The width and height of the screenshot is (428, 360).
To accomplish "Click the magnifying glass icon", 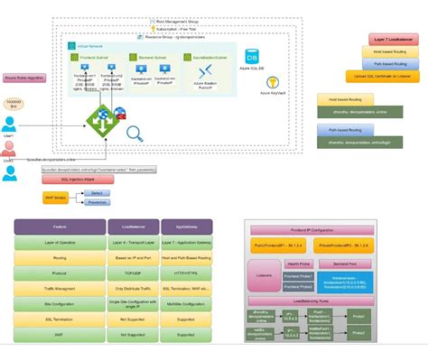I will click(135, 134).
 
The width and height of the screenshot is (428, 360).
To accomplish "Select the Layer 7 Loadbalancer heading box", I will click(393, 41).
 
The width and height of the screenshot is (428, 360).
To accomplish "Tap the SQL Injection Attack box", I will click(78, 180).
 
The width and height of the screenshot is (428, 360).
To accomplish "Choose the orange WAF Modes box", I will click(56, 197).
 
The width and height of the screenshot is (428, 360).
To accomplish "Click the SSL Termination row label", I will click(60, 318).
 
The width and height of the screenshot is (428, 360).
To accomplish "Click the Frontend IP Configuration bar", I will click(321, 231).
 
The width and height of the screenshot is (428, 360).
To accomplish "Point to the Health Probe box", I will click(298, 264).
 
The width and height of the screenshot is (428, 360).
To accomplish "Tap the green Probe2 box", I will click(358, 332).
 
